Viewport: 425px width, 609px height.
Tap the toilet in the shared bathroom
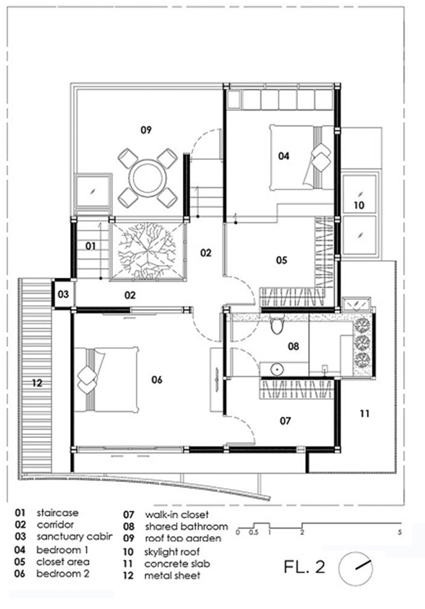[x=277, y=325]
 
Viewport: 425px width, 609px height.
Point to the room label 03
[x=63, y=294]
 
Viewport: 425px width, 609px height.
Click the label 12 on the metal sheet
[x=37, y=383]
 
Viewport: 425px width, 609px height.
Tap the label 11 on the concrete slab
[x=365, y=413]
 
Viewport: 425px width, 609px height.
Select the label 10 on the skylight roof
[x=359, y=205]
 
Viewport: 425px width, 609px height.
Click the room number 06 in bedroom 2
[x=157, y=380]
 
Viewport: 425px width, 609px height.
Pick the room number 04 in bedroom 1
[x=283, y=156]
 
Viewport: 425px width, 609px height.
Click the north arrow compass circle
[x=355, y=569]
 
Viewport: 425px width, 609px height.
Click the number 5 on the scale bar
[x=400, y=532]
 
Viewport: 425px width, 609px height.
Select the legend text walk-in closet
[x=176, y=515]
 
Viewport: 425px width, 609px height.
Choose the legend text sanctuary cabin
[x=74, y=537]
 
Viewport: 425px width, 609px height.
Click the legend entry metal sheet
[x=172, y=576]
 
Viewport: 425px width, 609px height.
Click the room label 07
[x=285, y=421]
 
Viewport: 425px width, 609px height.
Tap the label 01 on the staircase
[x=91, y=246]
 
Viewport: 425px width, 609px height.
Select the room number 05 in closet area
[x=282, y=261]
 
